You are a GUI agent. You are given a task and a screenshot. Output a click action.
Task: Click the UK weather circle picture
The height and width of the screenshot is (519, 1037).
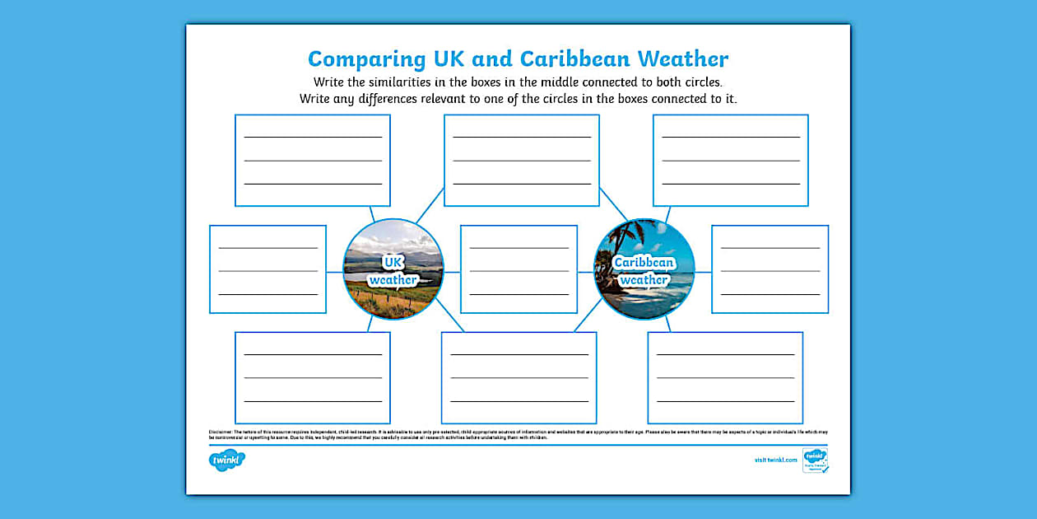(x=393, y=269)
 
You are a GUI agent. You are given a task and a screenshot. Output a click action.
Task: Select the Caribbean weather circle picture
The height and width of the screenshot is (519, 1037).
(x=644, y=269)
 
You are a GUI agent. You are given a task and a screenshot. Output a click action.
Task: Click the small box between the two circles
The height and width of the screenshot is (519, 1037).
(x=518, y=269)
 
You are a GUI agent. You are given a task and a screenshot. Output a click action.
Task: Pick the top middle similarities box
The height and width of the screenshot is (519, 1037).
(x=522, y=160)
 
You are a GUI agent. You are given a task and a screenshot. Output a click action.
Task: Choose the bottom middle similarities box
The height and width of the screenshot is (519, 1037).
(x=518, y=377)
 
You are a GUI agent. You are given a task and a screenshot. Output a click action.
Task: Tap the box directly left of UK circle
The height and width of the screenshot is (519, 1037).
(x=267, y=269)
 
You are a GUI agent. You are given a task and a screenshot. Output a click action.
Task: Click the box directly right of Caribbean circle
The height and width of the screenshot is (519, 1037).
(x=770, y=269)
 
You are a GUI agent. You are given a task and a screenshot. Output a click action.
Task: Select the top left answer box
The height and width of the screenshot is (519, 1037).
(x=313, y=160)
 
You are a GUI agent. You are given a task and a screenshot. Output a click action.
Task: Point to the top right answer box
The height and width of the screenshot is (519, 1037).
(x=731, y=160)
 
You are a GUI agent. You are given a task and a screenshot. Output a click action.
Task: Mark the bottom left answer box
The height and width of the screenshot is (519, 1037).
(x=313, y=377)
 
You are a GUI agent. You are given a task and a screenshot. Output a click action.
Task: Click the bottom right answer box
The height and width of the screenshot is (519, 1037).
(x=725, y=377)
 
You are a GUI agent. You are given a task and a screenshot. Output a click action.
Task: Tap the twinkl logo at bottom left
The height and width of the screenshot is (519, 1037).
(x=227, y=461)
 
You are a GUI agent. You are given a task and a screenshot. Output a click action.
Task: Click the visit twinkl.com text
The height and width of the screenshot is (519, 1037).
(x=775, y=460)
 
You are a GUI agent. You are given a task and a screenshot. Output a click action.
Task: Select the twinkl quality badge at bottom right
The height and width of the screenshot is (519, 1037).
(x=815, y=461)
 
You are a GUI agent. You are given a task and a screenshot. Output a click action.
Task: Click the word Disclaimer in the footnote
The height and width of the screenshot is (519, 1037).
(x=220, y=431)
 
